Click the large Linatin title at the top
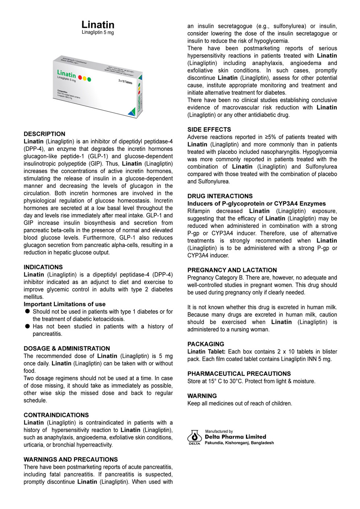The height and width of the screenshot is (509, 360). (x=98, y=25)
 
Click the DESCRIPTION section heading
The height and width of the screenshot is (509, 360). (x=44, y=134)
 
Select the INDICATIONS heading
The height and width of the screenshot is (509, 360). (x=43, y=267)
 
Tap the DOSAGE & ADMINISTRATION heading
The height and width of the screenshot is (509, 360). (x=66, y=348)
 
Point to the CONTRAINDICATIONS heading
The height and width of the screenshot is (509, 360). (x=56, y=415)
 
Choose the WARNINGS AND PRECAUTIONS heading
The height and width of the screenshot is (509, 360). (x=70, y=459)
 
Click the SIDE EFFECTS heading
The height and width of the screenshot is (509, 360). (x=209, y=130)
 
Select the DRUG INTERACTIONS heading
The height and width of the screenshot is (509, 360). (x=220, y=196)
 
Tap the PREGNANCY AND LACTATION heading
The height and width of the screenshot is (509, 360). (x=232, y=270)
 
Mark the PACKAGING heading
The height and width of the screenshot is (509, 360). (x=206, y=344)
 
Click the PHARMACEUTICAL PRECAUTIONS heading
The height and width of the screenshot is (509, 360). (x=239, y=374)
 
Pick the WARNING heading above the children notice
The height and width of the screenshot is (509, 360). (x=202, y=396)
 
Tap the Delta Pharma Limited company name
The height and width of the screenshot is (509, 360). (x=235, y=437)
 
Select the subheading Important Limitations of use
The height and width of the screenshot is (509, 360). (x=65, y=304)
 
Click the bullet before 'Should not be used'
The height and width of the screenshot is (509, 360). (x=27, y=311)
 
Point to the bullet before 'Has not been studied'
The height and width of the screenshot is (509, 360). (x=27, y=326)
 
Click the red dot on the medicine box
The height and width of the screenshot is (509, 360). (x=80, y=77)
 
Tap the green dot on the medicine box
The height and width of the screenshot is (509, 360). (x=89, y=79)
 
